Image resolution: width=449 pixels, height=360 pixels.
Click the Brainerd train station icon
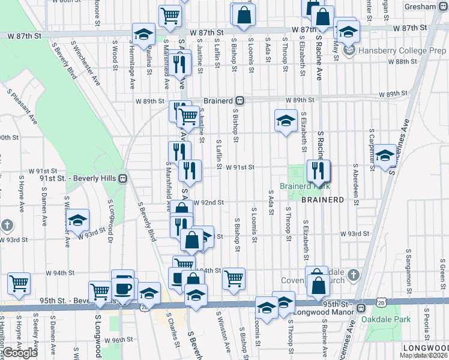point(240,100)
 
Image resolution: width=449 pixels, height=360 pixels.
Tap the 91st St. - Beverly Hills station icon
point(122,178)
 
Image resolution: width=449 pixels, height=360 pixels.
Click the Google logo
point(20,353)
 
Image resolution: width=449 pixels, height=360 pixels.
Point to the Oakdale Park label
point(386,319)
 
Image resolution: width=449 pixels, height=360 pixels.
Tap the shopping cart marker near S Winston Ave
point(233,278)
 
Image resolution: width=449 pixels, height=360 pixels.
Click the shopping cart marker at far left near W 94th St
point(19,283)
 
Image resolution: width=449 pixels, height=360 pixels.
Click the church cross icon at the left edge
point(7,226)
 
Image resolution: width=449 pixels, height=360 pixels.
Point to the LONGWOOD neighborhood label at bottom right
point(426,348)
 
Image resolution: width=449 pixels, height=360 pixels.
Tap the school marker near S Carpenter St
point(384,155)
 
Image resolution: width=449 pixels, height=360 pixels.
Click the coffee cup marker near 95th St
point(123,288)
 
